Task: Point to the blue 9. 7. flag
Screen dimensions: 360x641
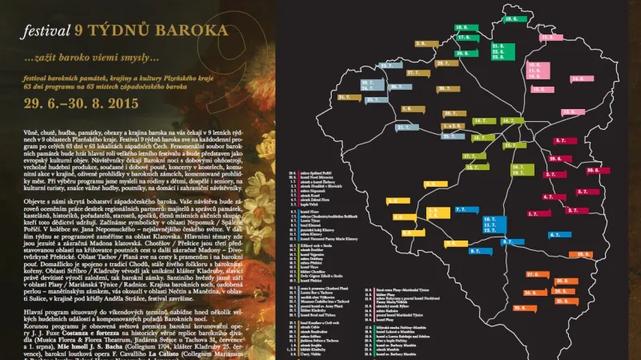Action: (x=478, y=251)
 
